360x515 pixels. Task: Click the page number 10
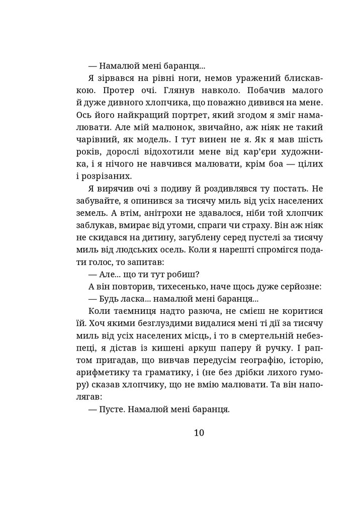click(198, 433)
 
